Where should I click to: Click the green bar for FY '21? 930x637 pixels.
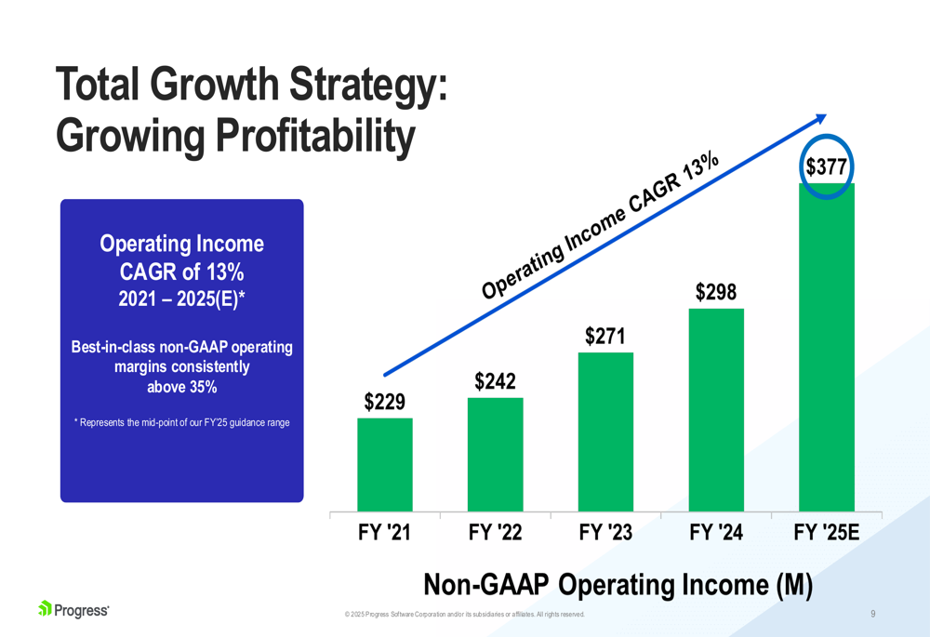coord(385,464)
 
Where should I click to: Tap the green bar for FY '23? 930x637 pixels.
coord(605,431)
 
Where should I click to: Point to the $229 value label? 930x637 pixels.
coord(384,402)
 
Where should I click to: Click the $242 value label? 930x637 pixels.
coord(495,381)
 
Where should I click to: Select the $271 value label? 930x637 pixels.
coord(604,336)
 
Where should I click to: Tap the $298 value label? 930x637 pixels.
coord(716,293)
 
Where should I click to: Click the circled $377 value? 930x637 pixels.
coord(826,167)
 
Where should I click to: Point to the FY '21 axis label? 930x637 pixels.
coord(384,533)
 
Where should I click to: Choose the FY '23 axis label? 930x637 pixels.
coord(605,533)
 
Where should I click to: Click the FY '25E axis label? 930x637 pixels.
coord(826,533)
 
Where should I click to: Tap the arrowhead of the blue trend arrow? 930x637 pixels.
coord(819,118)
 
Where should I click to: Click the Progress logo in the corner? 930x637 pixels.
coord(73,610)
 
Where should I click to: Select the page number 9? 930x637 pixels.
coord(872,614)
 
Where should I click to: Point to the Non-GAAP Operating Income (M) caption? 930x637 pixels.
coord(618,584)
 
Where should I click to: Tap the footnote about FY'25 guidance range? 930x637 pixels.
coord(181,423)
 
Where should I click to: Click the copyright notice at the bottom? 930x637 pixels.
coord(464,615)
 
